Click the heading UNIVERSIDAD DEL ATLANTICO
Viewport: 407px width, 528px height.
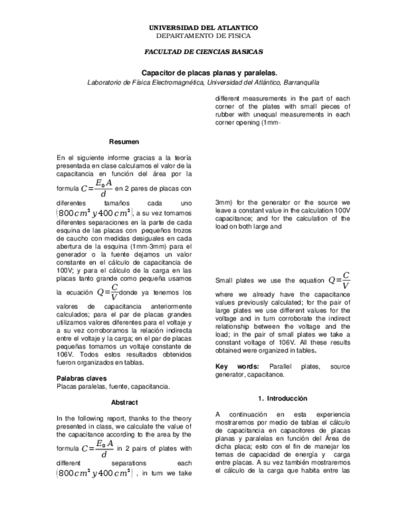point(203,28)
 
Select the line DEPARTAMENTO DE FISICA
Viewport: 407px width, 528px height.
point(203,36)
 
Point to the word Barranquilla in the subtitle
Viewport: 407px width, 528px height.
point(302,82)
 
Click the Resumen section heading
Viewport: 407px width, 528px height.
point(124,142)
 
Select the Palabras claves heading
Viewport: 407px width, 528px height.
point(81,378)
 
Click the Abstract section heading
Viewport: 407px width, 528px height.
point(124,402)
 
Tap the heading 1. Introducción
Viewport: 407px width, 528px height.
point(283,398)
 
